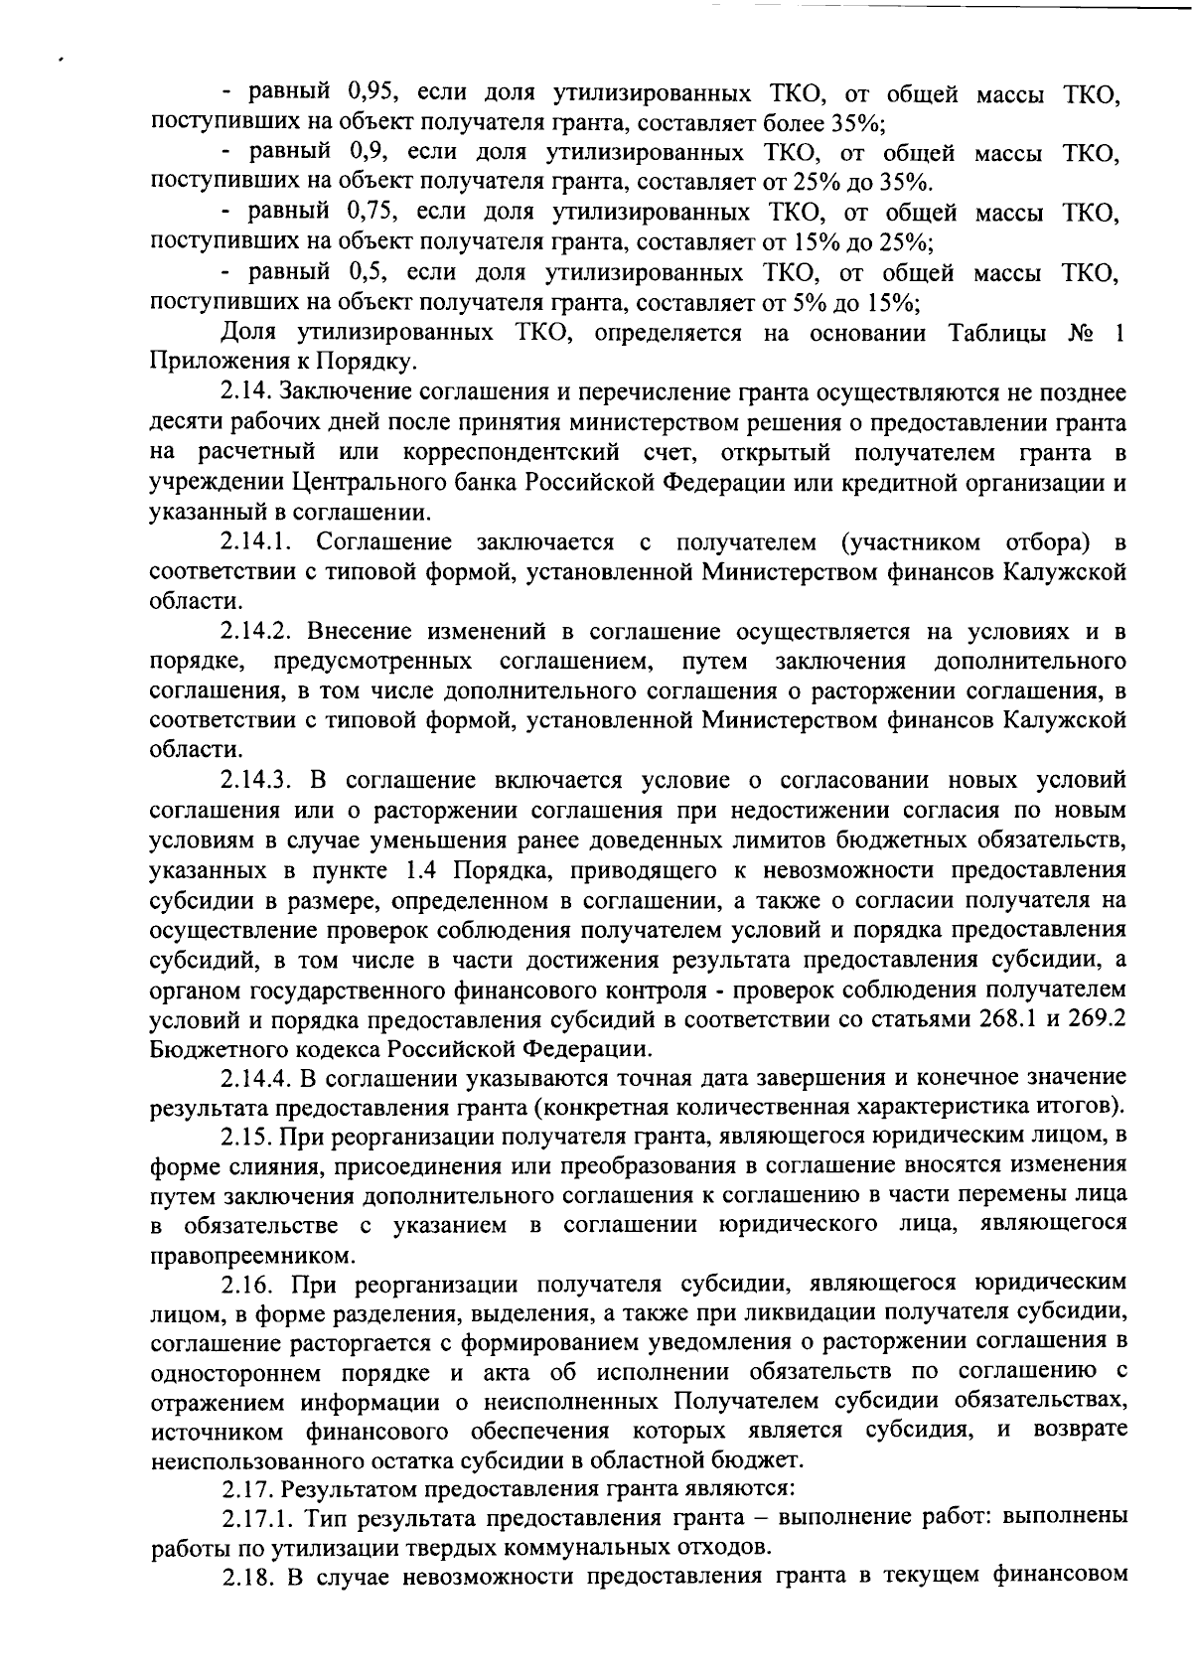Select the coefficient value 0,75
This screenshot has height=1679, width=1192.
pos(373,212)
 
